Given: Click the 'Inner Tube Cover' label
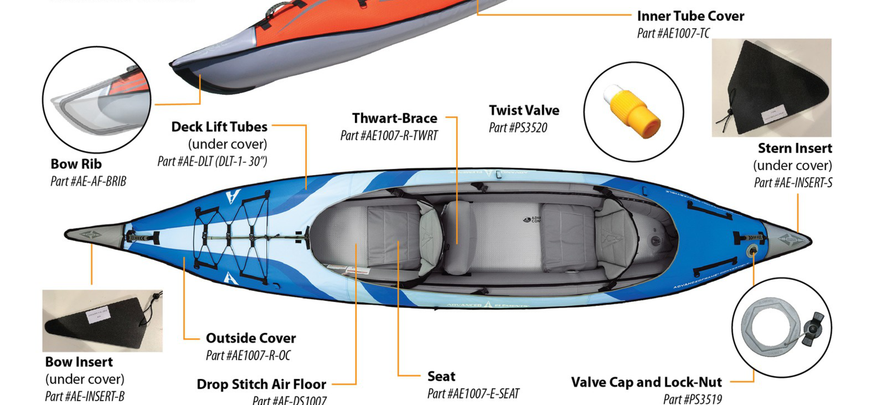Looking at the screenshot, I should (x=690, y=16).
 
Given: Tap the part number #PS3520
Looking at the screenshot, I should (x=518, y=128).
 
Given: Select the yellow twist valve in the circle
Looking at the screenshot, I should (x=633, y=112).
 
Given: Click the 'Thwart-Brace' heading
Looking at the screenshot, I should (x=394, y=118).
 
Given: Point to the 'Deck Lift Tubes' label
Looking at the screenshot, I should (x=219, y=127).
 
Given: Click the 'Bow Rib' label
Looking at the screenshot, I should (x=76, y=164).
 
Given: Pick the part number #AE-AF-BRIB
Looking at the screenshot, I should (x=88, y=181).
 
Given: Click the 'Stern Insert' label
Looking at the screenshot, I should (x=794, y=148).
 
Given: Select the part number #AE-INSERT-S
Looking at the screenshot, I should (x=793, y=183).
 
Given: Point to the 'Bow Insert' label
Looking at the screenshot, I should (x=79, y=362).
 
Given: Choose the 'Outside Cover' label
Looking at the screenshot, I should (x=250, y=338).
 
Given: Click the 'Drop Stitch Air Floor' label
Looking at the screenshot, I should (x=261, y=384).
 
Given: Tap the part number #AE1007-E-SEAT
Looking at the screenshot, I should (x=473, y=394).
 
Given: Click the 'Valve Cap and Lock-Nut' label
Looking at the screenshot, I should (x=646, y=382).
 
